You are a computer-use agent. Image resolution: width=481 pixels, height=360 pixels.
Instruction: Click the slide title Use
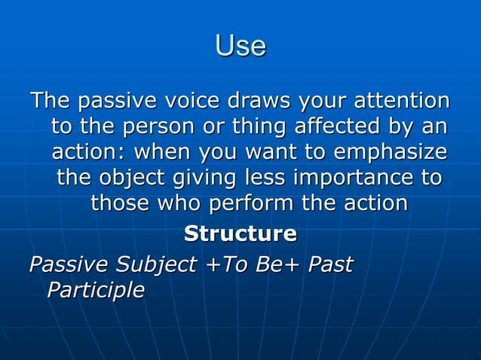tap(240, 47)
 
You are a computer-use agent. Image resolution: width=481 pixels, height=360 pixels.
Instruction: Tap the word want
tap(237, 153)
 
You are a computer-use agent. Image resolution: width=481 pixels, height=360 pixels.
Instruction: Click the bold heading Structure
tap(240, 233)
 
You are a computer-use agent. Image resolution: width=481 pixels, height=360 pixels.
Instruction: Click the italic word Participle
tap(95, 290)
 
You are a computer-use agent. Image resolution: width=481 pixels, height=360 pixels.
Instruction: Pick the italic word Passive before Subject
tap(66, 265)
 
